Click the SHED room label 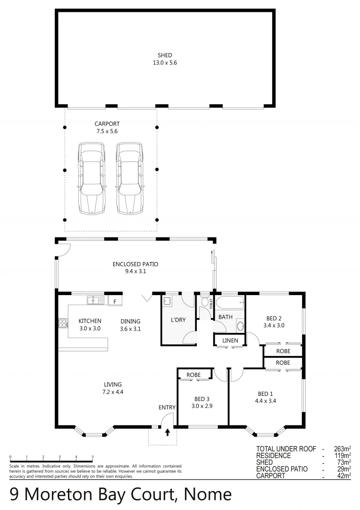(x=165, y=55)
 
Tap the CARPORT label (x=107, y=124)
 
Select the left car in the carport (x=92, y=178)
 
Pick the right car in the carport (x=130, y=178)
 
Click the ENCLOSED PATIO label (x=135, y=264)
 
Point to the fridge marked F (x=115, y=301)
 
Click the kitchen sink (x=95, y=300)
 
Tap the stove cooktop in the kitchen (x=63, y=323)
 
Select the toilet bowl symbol (x=205, y=301)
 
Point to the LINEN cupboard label (x=230, y=340)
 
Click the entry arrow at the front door (x=167, y=432)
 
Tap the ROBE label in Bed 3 (x=193, y=375)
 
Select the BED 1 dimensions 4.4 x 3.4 (x=266, y=401)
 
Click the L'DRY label (x=178, y=320)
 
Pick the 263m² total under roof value (x=343, y=449)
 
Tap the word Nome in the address (x=208, y=494)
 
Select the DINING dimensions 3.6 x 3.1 (x=130, y=329)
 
